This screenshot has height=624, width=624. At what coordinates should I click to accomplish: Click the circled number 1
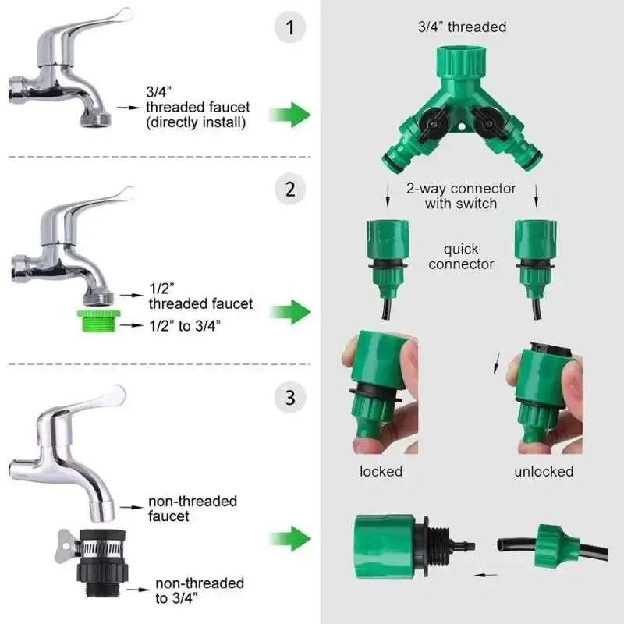[x=290, y=30]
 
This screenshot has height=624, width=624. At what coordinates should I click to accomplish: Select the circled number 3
[x=290, y=398]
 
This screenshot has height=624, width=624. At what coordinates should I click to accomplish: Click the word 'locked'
[x=381, y=471]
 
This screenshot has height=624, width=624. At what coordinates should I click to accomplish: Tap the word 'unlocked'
[x=544, y=471]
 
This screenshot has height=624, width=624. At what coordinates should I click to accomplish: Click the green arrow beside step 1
[x=289, y=115]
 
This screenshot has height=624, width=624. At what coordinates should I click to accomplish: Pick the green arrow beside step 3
[x=289, y=538]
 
